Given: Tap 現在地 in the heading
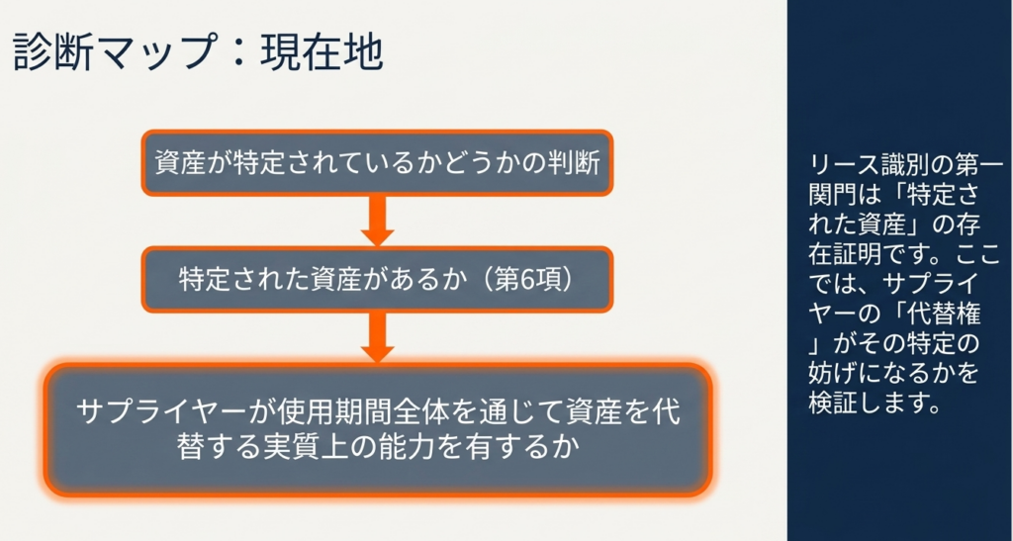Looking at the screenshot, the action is [322, 52].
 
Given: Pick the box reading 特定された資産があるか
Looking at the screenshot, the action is [377, 280].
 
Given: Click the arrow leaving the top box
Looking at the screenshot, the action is [377, 221].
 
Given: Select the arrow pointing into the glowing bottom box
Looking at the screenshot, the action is [377, 337].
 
